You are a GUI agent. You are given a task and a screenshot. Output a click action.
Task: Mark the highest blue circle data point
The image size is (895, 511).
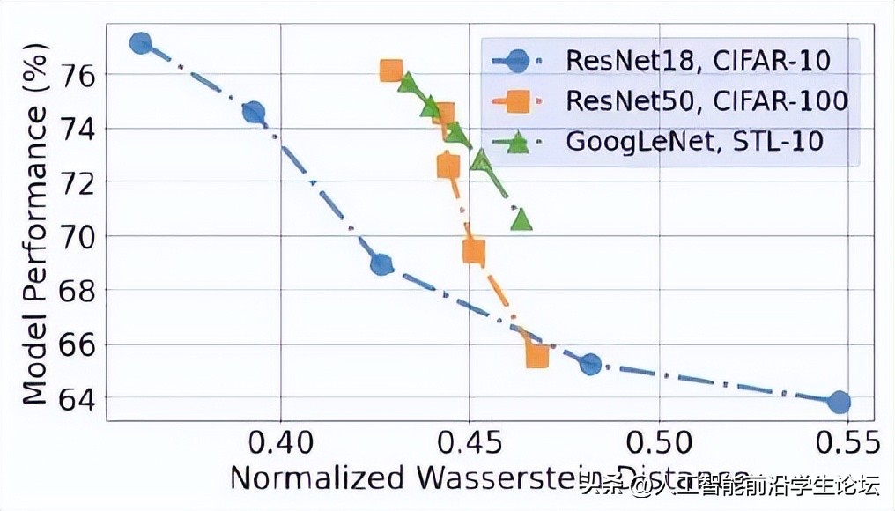[x=140, y=43]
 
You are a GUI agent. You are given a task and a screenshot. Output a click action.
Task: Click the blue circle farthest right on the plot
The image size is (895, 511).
[x=839, y=402]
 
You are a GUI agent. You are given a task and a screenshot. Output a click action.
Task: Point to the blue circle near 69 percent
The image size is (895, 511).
[x=381, y=263]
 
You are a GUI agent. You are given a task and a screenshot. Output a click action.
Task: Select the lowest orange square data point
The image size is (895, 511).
[x=536, y=355]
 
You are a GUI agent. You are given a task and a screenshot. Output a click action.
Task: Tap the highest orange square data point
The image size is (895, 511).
[x=391, y=70]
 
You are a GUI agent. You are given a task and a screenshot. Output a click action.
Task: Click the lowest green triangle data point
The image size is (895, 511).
[x=521, y=218]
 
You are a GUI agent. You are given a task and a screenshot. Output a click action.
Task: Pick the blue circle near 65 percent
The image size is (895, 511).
[x=590, y=363]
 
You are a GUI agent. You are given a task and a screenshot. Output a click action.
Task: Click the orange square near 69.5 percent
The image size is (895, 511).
[x=473, y=252]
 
